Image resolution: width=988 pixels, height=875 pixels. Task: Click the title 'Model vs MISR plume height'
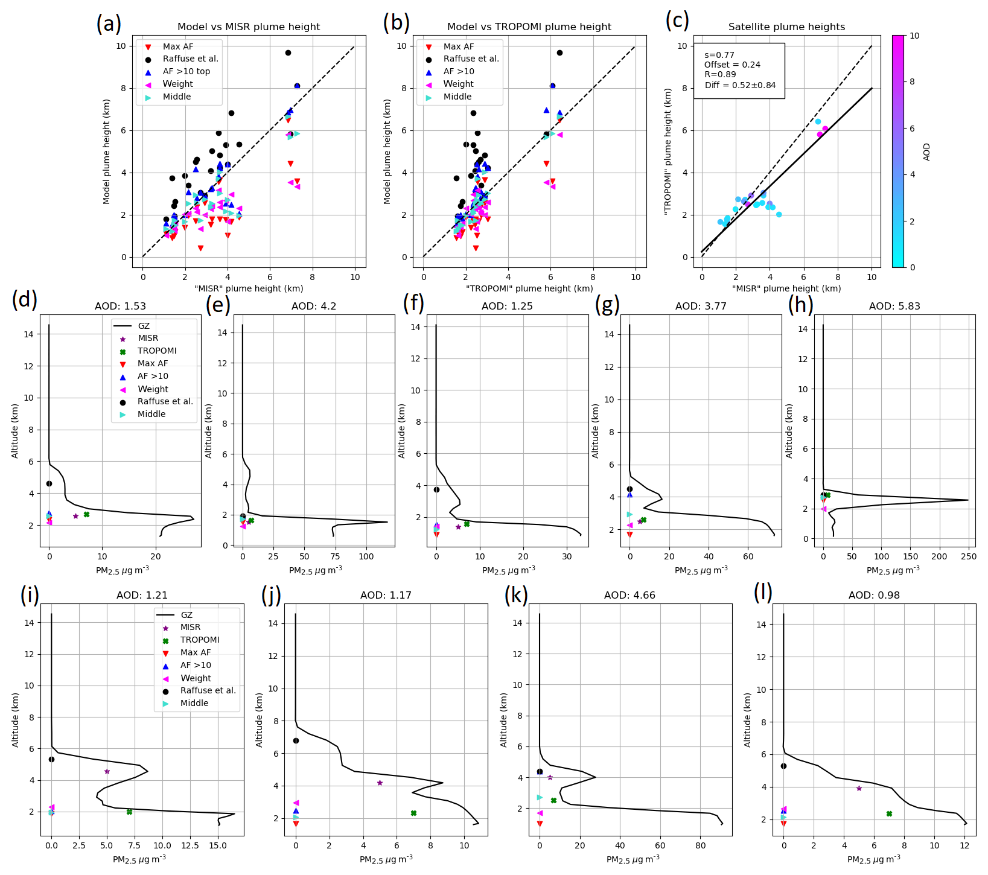249,27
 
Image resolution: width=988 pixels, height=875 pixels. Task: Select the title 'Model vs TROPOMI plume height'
529,27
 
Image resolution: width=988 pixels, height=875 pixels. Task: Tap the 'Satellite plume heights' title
786,27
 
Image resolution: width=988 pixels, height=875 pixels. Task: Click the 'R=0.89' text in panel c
720,75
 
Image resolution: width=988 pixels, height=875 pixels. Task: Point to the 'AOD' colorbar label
926,151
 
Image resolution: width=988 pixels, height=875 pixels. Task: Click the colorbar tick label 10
914,36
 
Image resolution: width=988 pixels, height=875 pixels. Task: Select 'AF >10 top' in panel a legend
186,71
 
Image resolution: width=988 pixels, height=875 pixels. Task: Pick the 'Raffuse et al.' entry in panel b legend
471,59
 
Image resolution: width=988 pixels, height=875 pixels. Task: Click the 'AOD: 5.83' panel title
894,307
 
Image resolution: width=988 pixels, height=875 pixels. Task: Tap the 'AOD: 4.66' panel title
629,596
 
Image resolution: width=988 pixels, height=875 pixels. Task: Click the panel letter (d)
25,299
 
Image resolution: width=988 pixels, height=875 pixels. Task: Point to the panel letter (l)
763,593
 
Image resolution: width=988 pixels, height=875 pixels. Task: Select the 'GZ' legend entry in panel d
144,326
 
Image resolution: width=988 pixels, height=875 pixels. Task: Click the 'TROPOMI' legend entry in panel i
200,640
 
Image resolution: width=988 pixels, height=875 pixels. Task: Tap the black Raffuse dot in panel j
296,740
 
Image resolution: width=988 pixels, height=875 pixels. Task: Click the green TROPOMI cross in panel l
889,813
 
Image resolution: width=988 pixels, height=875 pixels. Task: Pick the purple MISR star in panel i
107,771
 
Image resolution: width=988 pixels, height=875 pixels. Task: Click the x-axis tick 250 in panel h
968,557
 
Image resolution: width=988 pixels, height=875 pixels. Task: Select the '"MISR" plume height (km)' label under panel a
249,288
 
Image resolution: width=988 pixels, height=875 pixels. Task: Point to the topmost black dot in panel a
288,53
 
